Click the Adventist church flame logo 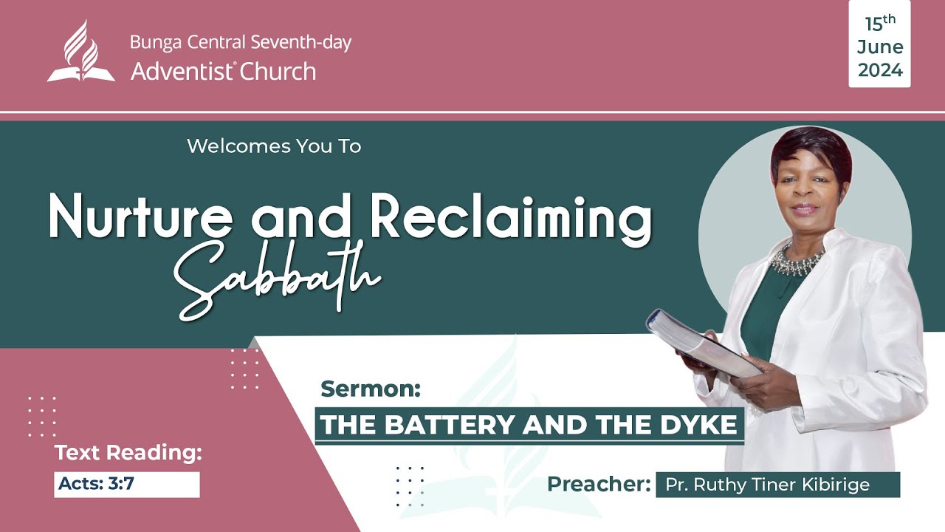(81, 51)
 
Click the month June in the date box (880, 47)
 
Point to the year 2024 (880, 70)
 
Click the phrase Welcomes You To (274, 146)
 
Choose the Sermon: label (371, 389)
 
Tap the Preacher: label (599, 485)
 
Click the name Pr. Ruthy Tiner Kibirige (768, 485)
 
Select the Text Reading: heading (128, 453)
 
